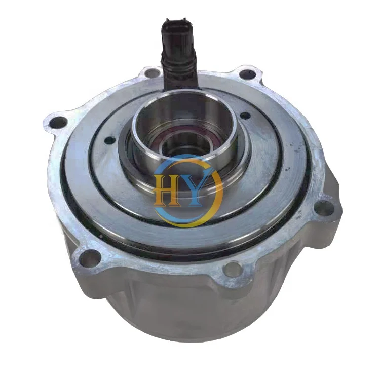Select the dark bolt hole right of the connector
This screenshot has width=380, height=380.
coord(247,74)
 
